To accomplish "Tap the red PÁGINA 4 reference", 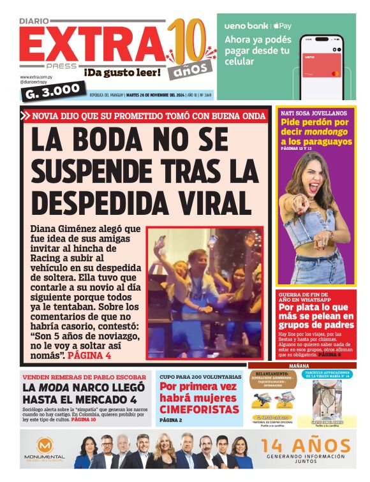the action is point(89,355).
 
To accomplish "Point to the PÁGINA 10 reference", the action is point(84,420).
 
